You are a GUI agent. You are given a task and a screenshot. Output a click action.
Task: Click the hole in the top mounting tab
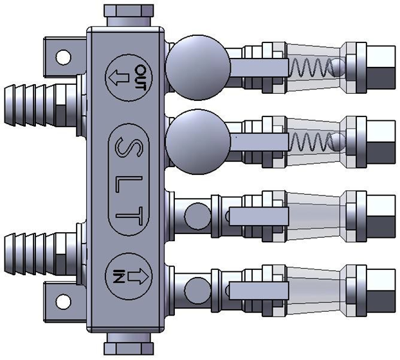coord(63,57)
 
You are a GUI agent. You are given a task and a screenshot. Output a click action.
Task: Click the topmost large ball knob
coord(198,66)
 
